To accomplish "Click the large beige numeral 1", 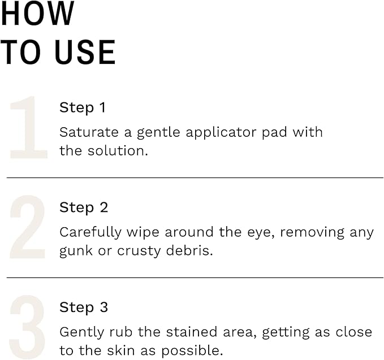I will click(28, 128).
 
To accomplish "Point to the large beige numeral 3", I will click(27, 328).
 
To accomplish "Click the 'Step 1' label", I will click(83, 107).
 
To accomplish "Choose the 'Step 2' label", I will click(84, 207).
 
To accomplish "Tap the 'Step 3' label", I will click(84, 307).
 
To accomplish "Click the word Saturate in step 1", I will click(85, 132).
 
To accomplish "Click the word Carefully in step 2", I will click(90, 233).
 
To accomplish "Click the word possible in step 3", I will click(195, 351).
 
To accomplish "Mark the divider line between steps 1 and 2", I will click(195, 177).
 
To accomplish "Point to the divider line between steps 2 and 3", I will click(195, 277).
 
